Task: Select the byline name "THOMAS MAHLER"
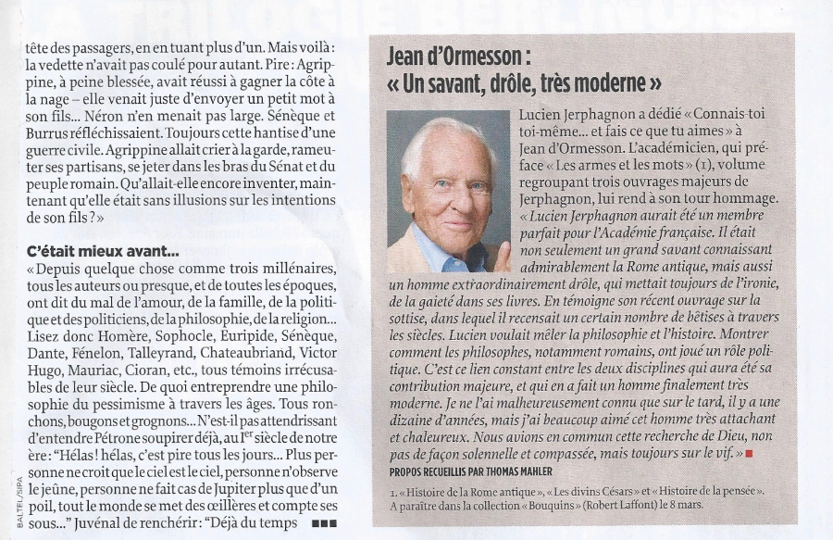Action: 530,470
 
